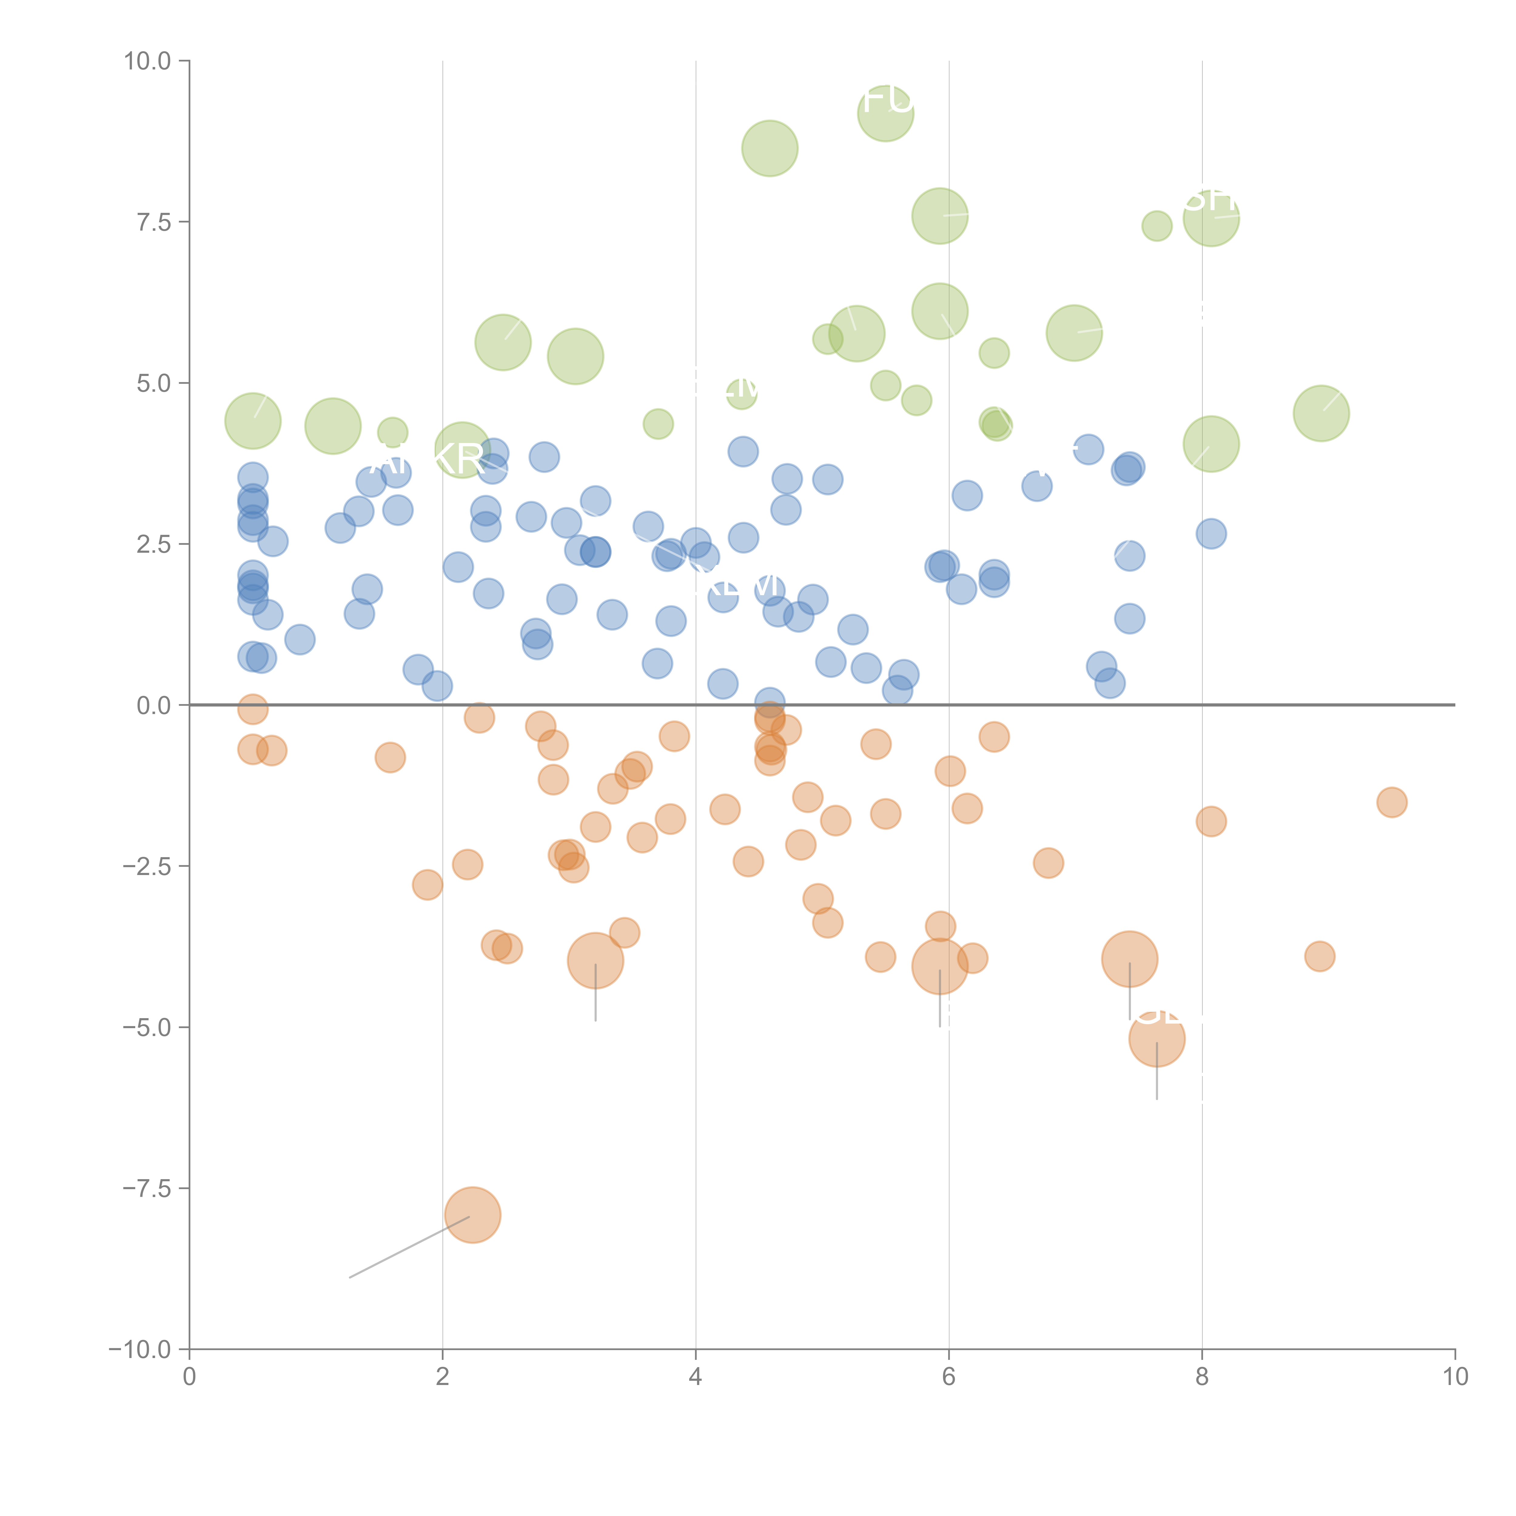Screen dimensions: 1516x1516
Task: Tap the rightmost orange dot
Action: pyautogui.click(x=1391, y=802)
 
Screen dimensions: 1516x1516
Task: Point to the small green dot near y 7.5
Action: pyautogui.click(x=1157, y=226)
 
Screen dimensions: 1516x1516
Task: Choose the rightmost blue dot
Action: pyautogui.click(x=1211, y=534)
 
